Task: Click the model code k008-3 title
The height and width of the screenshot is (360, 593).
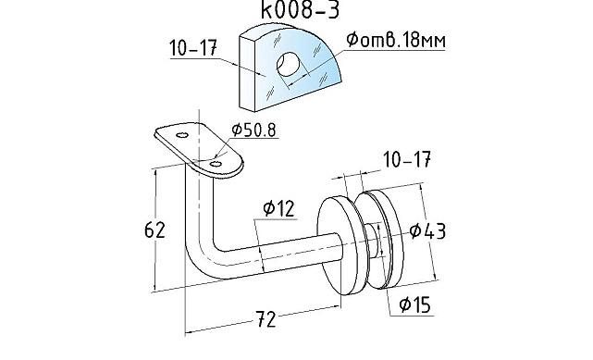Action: point(301,9)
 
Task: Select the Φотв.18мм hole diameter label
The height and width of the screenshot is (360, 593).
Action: point(396,40)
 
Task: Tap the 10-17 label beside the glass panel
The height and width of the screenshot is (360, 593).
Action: point(193,48)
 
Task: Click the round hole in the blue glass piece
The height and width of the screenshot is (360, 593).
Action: point(289,64)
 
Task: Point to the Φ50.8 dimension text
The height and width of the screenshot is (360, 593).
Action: point(253,130)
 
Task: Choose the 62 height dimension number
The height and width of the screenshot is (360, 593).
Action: point(154,230)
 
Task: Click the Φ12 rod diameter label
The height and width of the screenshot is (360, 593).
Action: point(278,208)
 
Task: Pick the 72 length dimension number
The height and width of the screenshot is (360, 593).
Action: point(266,319)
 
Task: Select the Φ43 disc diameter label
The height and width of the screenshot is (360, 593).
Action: point(427,230)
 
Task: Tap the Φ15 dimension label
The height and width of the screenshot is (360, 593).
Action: point(415,304)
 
